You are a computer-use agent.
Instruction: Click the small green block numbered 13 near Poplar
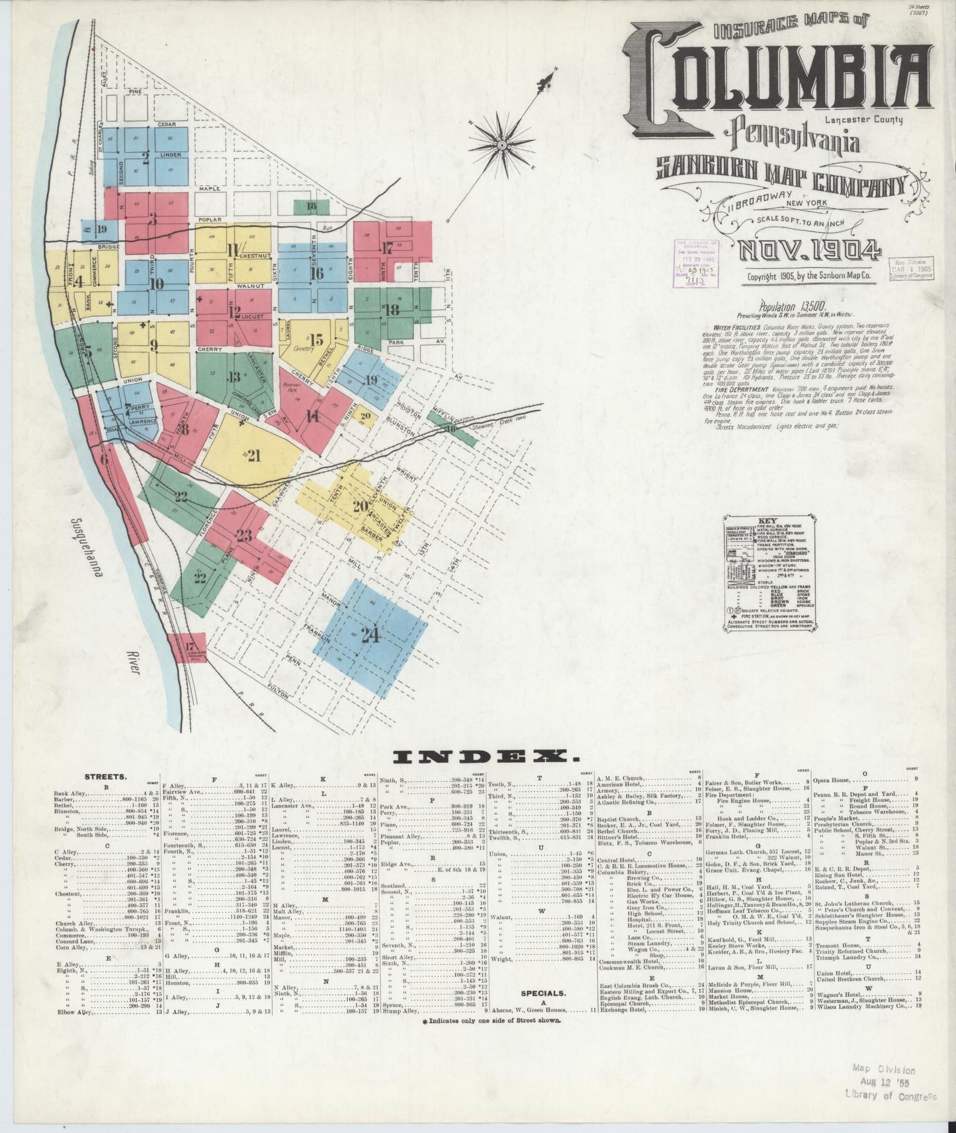tap(311, 206)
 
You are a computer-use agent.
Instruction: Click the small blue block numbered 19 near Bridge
tap(101, 229)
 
